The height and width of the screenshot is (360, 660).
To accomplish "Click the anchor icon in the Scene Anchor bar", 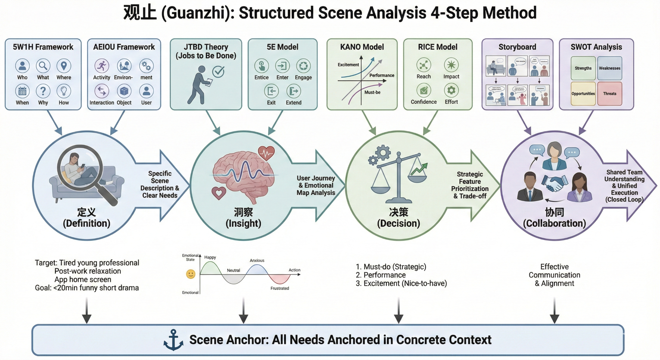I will coord(173,340).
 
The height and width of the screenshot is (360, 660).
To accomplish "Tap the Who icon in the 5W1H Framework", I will coord(22,66).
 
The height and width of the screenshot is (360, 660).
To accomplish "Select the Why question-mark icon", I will coord(43,91).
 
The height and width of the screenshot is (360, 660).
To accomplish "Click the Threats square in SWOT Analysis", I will coord(610,94).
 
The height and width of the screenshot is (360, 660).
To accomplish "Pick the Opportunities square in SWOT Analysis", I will coord(583,94).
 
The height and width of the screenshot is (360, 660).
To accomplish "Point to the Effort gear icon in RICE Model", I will coord(451,90).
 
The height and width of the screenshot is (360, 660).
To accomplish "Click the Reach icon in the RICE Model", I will coord(424,65).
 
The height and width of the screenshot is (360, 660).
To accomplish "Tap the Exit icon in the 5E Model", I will coord(271,91).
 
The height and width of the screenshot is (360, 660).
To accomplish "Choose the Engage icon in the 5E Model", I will coord(303,66).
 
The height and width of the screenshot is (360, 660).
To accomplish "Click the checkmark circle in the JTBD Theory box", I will coord(218,71).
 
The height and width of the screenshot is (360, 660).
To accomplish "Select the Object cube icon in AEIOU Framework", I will coord(124,91).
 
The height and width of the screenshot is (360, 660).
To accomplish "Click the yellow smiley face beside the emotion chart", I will coord(191,274).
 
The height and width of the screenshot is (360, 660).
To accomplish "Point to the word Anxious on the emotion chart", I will coord(257,261).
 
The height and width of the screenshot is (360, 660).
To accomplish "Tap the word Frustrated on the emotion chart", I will coord(280,288).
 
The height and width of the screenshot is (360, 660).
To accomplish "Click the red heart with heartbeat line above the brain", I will coord(266,153).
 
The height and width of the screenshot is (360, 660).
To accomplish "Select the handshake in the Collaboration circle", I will coord(554,183).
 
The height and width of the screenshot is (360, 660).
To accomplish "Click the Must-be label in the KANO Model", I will coord(372,92).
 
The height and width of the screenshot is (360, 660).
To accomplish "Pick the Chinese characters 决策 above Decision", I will coord(399,212).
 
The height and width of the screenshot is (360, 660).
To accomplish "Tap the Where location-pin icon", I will coord(64,66).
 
